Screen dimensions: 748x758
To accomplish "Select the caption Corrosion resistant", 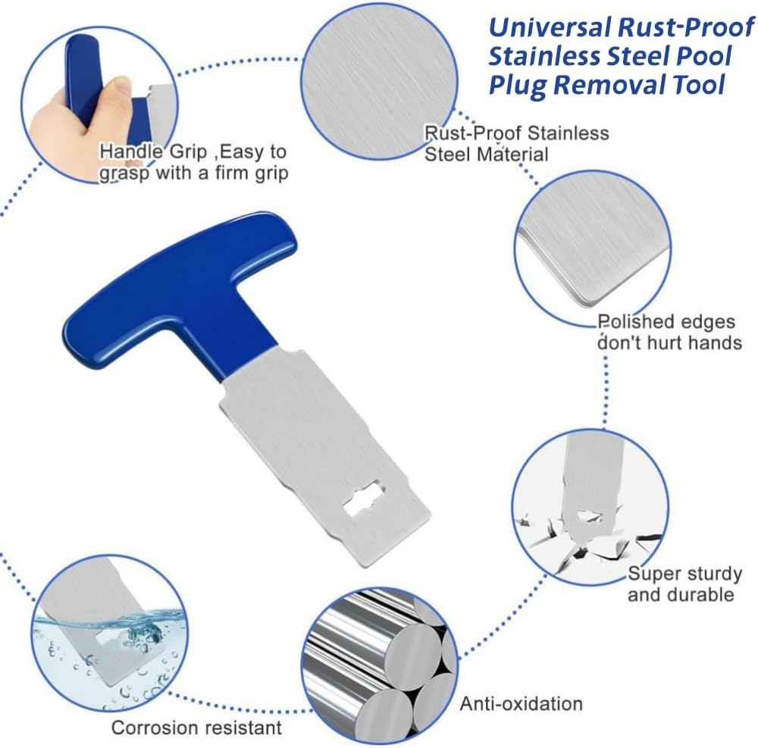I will (x=196, y=728).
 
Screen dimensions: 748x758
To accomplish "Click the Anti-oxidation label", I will (x=521, y=703).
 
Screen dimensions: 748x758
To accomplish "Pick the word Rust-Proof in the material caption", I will (x=469, y=133).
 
